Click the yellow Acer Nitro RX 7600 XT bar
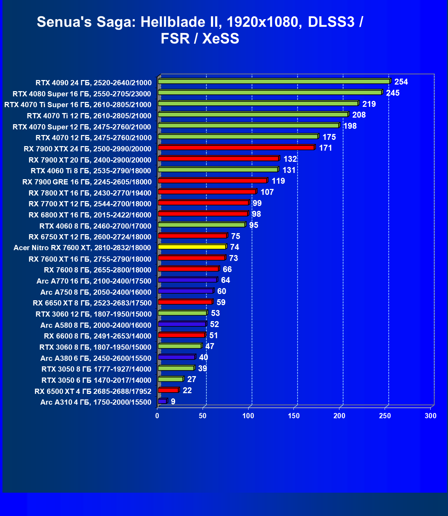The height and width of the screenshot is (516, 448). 192,247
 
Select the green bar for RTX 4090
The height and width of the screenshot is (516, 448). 274,81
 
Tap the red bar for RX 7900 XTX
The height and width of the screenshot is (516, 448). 236,148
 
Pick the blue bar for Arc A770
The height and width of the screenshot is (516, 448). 187,280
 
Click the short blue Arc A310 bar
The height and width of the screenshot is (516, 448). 162,401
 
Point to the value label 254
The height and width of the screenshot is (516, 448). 401,82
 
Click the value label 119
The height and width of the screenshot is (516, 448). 278,181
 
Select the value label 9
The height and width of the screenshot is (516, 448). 173,402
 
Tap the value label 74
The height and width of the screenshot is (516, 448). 235,247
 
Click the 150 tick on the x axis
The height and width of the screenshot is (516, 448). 294,416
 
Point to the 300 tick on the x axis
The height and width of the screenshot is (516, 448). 431,416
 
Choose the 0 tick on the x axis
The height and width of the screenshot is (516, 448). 157,416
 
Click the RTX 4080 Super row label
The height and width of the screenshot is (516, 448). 82,94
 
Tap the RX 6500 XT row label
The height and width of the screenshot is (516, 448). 93,391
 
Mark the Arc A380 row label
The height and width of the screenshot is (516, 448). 96,358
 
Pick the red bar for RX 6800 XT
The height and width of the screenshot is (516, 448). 203,214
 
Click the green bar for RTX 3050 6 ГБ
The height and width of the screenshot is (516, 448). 171,379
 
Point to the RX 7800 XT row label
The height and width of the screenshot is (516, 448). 90,193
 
